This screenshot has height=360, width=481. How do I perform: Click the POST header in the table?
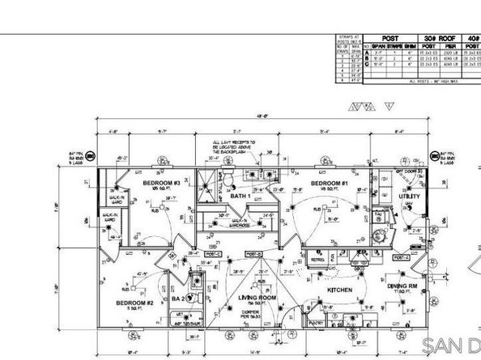point(392,37)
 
